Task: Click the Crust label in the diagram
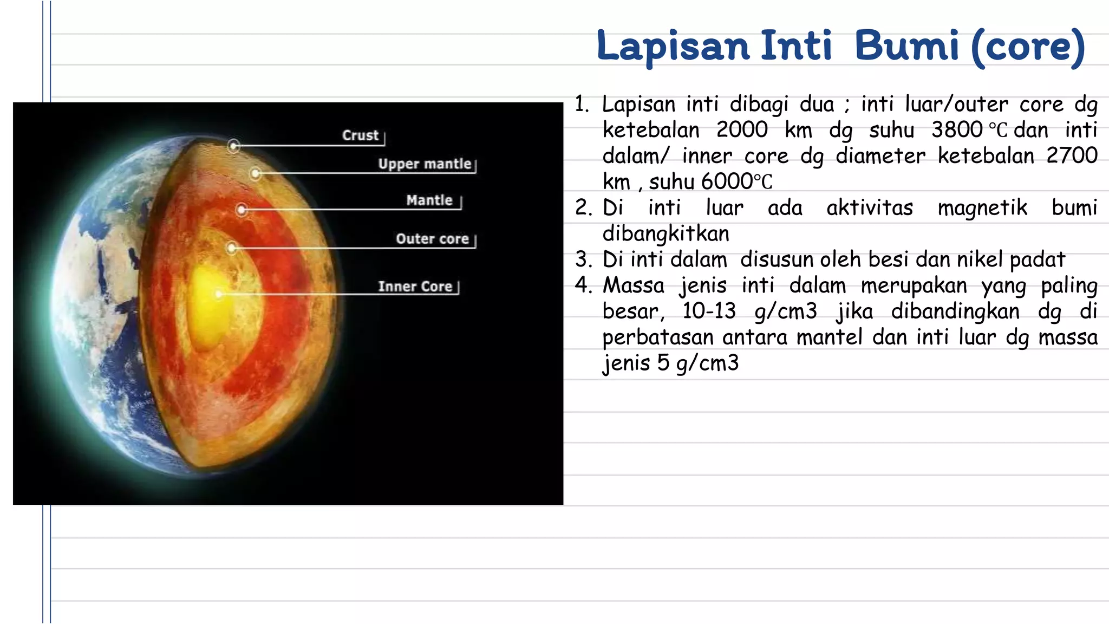pyautogui.click(x=360, y=135)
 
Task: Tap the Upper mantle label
pyautogui.click(x=425, y=164)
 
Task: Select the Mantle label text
pyautogui.click(x=429, y=200)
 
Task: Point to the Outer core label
pyautogui.click(x=432, y=239)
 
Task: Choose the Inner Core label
pyautogui.click(x=415, y=287)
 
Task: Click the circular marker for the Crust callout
pyautogui.click(x=233, y=146)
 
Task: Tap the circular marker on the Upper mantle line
pyautogui.click(x=256, y=173)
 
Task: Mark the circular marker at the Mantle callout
pyautogui.click(x=242, y=210)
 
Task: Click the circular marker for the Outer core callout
pyautogui.click(x=232, y=248)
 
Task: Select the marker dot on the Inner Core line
pyautogui.click(x=219, y=294)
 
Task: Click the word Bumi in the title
pyautogui.click(x=906, y=47)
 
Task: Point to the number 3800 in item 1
pyautogui.click(x=957, y=130)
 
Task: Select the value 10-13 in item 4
pyautogui.click(x=709, y=311)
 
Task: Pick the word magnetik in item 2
pyautogui.click(x=982, y=208)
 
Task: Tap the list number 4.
pyautogui.click(x=583, y=285)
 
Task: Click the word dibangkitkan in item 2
pyautogui.click(x=666, y=234)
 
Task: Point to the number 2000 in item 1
pyautogui.click(x=742, y=130)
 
